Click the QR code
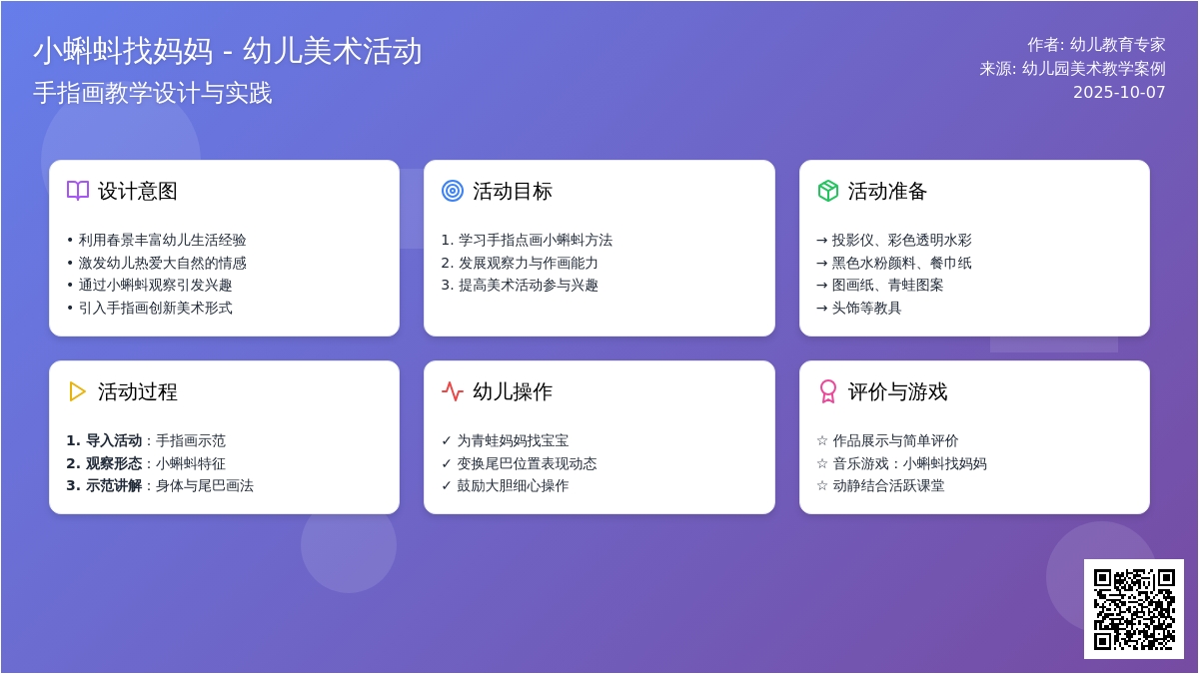pos(1134,609)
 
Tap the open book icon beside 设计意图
pos(78,191)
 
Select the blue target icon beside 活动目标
pos(453,191)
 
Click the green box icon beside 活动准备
pos(828,191)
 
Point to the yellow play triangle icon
pos(77,391)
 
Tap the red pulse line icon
pos(453,391)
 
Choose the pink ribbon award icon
pos(828,391)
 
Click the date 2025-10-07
pos(1119,93)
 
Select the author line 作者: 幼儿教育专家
pos(1096,45)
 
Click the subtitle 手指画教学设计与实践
pos(153,93)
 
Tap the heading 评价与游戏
pos(897,392)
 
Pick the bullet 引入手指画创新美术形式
pos(155,309)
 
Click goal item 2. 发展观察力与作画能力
pos(520,264)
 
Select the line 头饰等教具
pos(866,309)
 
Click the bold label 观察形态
pos(114,463)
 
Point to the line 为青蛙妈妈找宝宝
pos(513,440)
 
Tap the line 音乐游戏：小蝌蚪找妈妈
pos(909,463)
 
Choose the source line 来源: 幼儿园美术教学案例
pos(1073,69)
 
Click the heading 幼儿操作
pos(513,392)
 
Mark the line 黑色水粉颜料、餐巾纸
pos(901,264)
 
